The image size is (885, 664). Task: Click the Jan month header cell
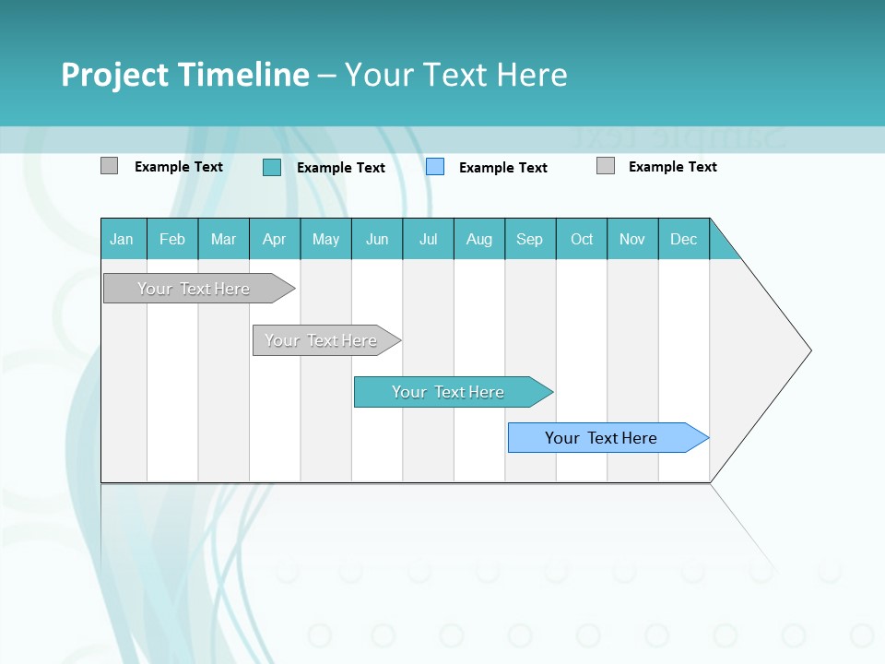(122, 239)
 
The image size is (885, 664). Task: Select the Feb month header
(172, 239)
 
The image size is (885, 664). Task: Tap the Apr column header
(275, 239)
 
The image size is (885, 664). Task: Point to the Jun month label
(377, 239)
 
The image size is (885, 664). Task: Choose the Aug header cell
(479, 239)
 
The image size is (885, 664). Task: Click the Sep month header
(530, 239)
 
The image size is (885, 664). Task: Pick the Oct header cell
(582, 239)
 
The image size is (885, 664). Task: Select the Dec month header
(684, 239)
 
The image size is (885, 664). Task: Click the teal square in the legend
(272, 167)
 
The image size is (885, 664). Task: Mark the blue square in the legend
(435, 166)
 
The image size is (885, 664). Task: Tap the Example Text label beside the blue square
(503, 168)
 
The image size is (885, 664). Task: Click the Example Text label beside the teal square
(341, 168)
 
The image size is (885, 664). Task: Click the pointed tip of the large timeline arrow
(808, 350)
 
